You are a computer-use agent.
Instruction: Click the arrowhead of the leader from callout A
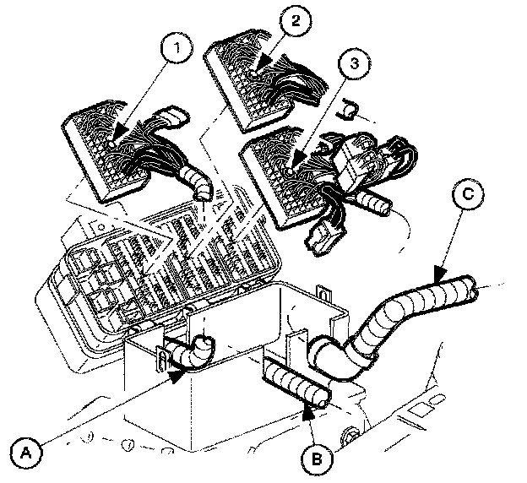177,377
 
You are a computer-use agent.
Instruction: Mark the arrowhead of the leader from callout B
307,410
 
